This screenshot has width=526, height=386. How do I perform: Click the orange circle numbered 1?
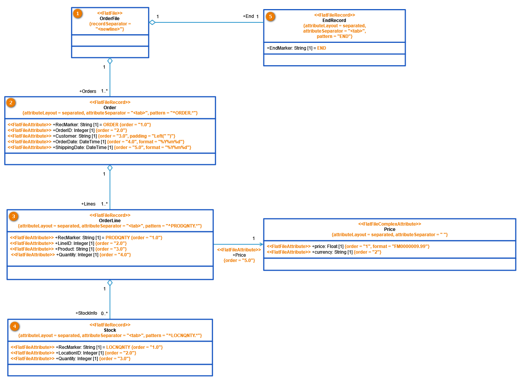[78, 14]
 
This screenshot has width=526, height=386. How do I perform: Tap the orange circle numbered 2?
[11, 103]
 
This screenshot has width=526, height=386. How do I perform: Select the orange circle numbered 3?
[14, 216]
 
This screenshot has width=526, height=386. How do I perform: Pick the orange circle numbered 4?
[14, 326]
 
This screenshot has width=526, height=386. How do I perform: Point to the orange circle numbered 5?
[270, 16]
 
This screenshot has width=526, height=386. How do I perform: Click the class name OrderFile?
[110, 19]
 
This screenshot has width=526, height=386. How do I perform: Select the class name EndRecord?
[334, 20]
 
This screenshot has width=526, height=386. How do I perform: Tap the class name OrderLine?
[110, 221]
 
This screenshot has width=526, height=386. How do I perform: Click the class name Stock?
[110, 330]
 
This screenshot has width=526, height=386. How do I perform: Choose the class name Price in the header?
[389, 229]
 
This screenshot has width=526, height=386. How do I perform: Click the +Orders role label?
[88, 91]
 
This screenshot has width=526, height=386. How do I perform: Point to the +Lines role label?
[88, 204]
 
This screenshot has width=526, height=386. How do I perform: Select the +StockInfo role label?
[86, 313]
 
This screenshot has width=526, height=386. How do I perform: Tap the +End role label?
[248, 16]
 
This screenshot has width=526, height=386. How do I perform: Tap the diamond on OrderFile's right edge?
[152, 22]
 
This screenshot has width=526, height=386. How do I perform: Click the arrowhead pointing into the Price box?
[261, 245]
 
